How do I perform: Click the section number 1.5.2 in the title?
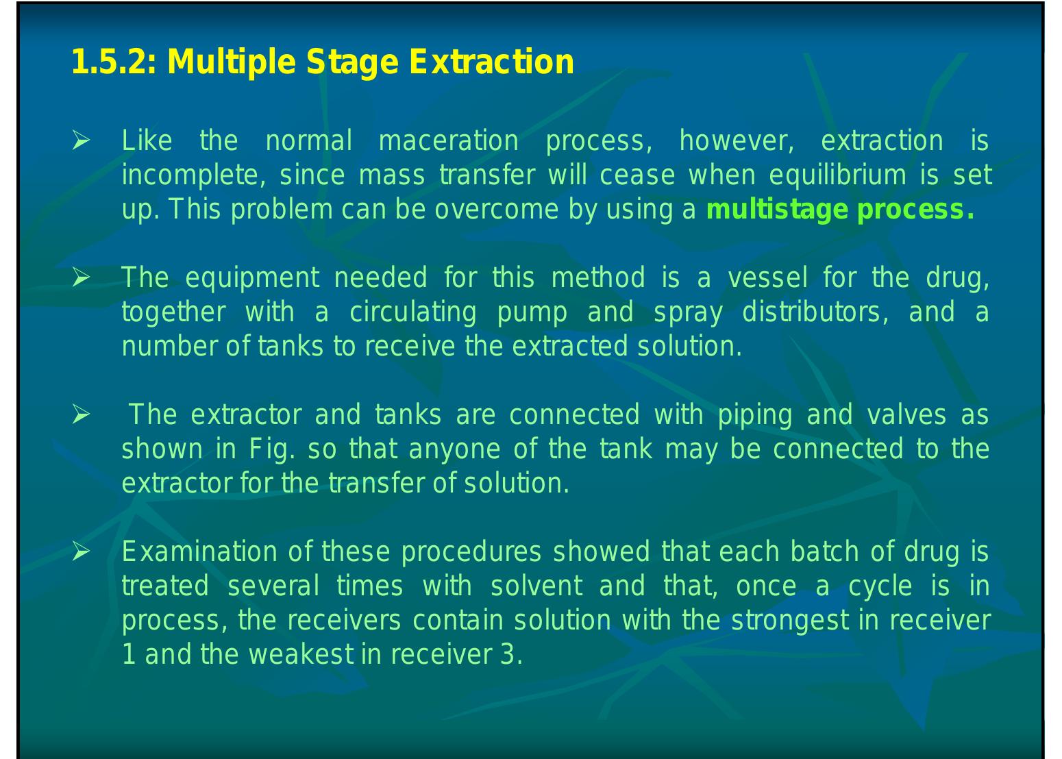click(109, 62)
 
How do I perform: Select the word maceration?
click(448, 141)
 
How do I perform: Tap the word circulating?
click(412, 312)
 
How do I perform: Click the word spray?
click(688, 312)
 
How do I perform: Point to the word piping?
click(754, 415)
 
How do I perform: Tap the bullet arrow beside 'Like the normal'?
click(81, 142)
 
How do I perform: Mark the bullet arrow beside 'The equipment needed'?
click(81, 279)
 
